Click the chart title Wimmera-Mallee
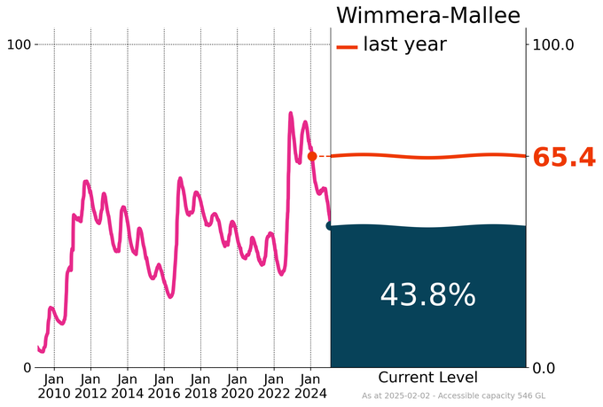(x=427, y=16)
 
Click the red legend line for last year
(x=347, y=45)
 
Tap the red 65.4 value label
(x=564, y=158)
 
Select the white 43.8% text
(x=427, y=295)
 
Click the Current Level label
(x=427, y=377)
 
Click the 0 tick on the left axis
(x=27, y=367)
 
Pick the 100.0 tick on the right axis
(x=553, y=44)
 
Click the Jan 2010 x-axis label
(x=54, y=386)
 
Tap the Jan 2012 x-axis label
(x=90, y=386)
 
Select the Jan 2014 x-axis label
(x=127, y=386)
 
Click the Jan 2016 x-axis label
(x=163, y=386)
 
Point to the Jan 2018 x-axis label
(x=200, y=386)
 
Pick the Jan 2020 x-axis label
(x=237, y=386)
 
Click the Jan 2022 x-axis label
(x=273, y=386)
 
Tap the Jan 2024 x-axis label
(x=310, y=386)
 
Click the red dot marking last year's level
(x=312, y=156)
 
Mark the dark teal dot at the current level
(x=331, y=226)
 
